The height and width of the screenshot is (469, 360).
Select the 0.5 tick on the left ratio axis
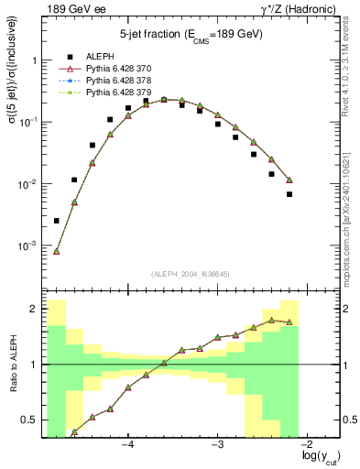31,420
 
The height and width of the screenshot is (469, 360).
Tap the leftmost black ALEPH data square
57,221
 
